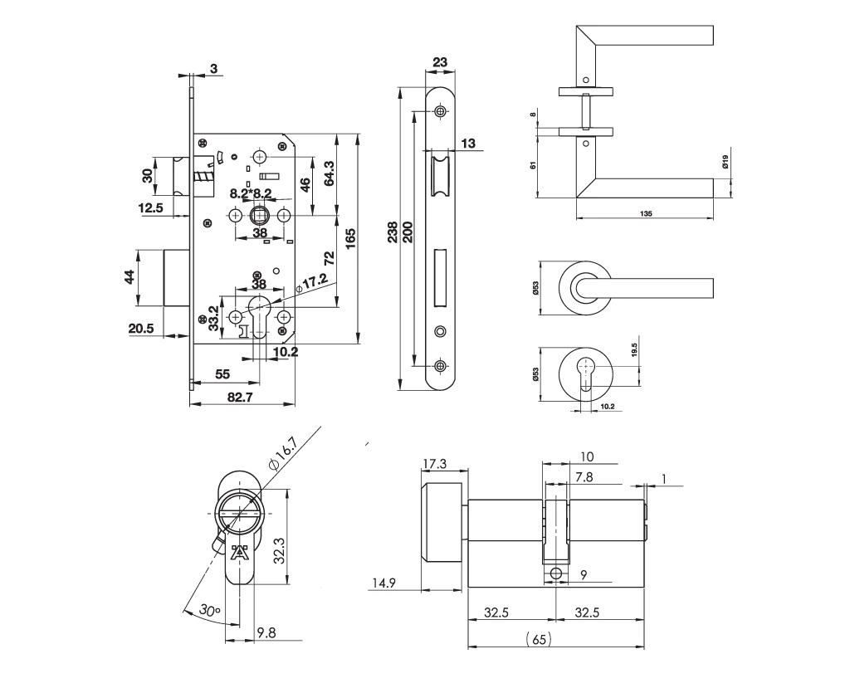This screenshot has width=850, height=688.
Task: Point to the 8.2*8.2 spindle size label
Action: pyautogui.click(x=251, y=193)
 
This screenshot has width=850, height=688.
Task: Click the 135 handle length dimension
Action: pyautogui.click(x=646, y=213)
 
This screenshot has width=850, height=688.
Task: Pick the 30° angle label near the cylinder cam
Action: pyautogui.click(x=210, y=611)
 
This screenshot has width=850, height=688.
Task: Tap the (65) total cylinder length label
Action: pyautogui.click(x=539, y=639)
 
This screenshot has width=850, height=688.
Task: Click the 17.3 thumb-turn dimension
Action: pyautogui.click(x=436, y=463)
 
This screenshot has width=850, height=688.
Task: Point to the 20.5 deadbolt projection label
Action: pyautogui.click(x=142, y=329)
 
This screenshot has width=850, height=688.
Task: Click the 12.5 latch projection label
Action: pyautogui.click(x=151, y=207)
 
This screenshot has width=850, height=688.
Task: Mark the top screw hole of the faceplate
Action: pyautogui.click(x=440, y=110)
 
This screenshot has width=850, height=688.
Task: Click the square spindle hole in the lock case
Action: pyautogui.click(x=259, y=216)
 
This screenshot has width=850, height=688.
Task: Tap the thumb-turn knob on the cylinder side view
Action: pyautogui.click(x=442, y=521)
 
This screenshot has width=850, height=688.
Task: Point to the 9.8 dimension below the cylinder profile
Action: pyautogui.click(x=266, y=632)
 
